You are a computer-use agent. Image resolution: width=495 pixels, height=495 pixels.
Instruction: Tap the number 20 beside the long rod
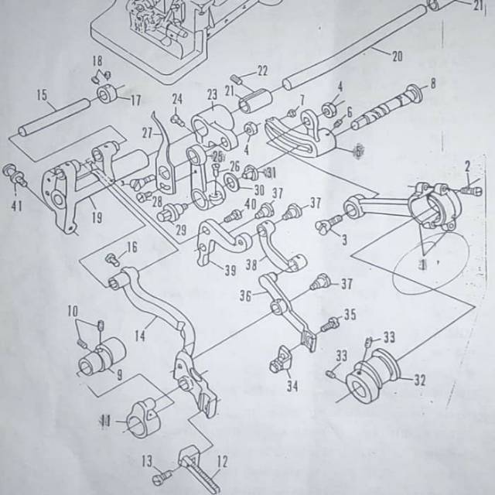(x=397, y=56)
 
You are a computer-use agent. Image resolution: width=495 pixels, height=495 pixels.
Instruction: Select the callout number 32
(x=420, y=379)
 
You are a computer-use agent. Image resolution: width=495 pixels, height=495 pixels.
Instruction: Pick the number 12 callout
(x=222, y=462)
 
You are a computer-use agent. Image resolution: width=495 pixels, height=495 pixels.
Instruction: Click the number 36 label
(x=245, y=295)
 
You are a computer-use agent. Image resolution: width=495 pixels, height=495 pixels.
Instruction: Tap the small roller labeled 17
(x=107, y=97)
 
